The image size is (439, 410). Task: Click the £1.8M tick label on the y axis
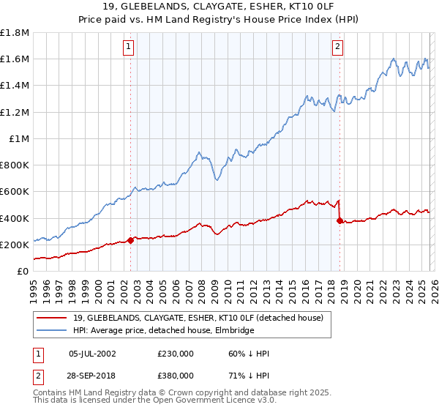pyautogui.click(x=15, y=33)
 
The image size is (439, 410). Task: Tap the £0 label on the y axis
pyautogui.click(x=23, y=272)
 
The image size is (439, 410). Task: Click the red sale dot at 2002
pyautogui.click(x=130, y=240)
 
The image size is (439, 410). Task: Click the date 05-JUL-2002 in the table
pyautogui.click(x=91, y=354)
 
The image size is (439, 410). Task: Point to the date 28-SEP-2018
pyautogui.click(x=91, y=376)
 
